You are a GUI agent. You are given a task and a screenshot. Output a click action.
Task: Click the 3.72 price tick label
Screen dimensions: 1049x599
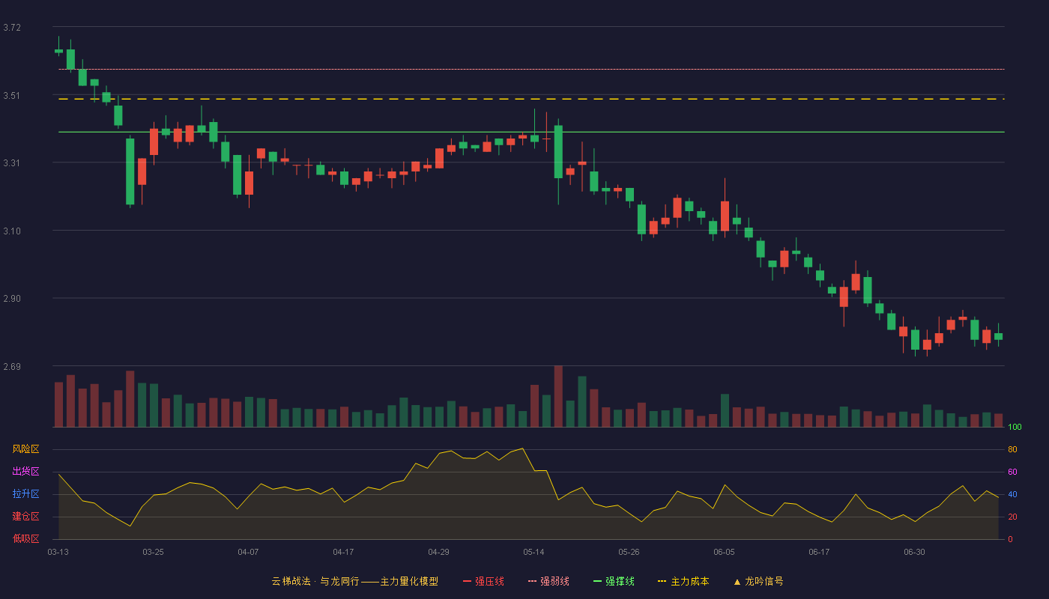12,28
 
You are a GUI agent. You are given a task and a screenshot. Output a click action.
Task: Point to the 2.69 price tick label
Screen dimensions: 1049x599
12,366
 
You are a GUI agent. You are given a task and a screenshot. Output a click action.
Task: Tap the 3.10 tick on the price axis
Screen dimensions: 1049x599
12,231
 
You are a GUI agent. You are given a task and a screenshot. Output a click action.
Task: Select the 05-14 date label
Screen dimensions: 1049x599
533,553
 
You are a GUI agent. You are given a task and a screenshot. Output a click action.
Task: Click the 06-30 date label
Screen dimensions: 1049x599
914,553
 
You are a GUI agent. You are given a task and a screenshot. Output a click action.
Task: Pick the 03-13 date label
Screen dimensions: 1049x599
58,553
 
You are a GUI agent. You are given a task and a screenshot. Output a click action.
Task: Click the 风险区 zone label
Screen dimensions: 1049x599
25,449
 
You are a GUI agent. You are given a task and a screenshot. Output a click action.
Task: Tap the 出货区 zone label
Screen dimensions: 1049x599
25,471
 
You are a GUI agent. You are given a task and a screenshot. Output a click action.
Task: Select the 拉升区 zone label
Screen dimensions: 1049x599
25,493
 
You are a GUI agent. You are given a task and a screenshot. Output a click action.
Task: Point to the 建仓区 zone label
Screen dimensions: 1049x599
25,516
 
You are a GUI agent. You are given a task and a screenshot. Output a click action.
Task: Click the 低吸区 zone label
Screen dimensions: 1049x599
25,538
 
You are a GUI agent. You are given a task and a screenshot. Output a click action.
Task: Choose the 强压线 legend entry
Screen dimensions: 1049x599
483,581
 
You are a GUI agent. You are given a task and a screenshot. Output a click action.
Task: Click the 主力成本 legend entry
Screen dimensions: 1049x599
683,581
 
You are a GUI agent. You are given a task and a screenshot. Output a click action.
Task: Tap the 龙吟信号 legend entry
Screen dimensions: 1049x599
758,581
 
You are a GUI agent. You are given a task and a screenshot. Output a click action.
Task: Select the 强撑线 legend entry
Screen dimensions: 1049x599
614,581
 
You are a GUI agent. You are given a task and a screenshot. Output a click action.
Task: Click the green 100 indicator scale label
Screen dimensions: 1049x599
1015,427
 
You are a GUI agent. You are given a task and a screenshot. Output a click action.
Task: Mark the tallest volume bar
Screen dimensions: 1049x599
558,396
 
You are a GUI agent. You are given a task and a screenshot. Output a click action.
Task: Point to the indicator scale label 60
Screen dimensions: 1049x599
1012,472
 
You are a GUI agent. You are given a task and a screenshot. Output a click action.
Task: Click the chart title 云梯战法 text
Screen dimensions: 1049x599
291,581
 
